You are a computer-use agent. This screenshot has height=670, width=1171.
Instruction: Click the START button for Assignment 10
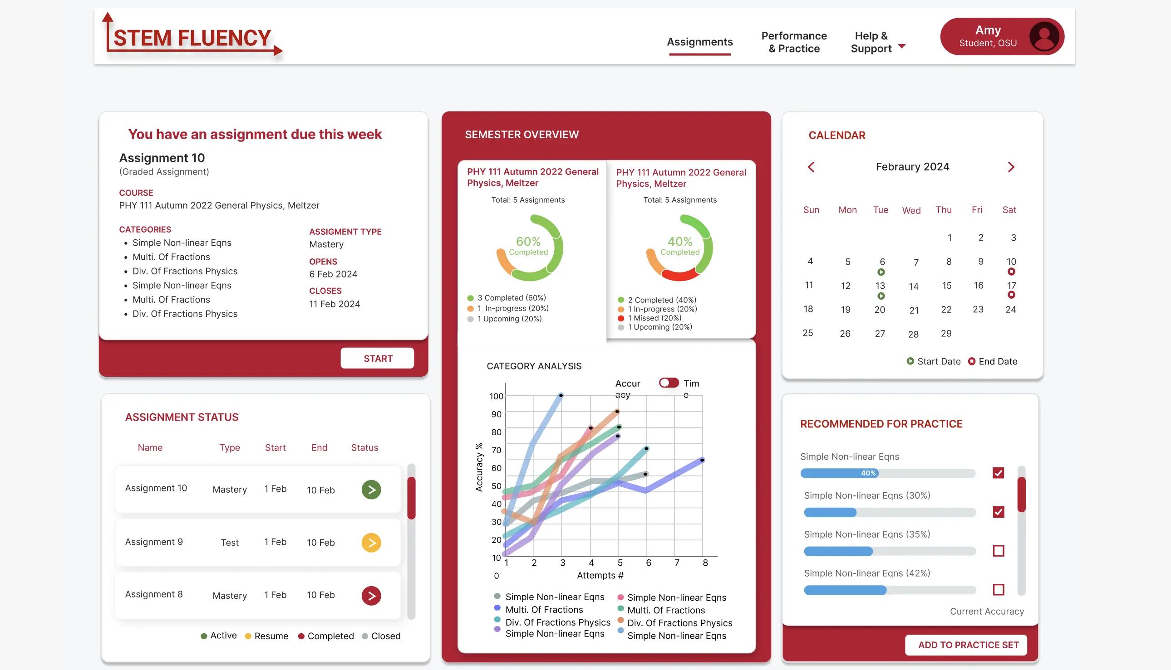tap(377, 358)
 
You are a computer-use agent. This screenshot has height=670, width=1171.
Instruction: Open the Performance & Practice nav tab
tap(793, 42)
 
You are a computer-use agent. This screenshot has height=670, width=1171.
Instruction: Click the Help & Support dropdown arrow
tap(901, 46)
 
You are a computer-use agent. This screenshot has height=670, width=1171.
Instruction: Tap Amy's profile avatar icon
tap(1043, 36)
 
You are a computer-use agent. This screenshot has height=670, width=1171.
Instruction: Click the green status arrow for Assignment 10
tap(371, 489)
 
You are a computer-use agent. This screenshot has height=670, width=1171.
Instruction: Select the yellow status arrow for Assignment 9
tap(371, 543)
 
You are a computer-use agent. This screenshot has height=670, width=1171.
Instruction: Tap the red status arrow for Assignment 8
tap(371, 596)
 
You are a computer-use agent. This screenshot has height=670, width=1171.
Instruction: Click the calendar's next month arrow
tap(1011, 167)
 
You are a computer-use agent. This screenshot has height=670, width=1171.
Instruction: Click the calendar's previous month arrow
tap(811, 167)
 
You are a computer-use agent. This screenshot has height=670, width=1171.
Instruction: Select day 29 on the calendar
tap(946, 333)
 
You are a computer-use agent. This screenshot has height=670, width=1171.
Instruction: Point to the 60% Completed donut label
tap(528, 246)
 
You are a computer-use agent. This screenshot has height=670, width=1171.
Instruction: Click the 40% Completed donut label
tap(679, 246)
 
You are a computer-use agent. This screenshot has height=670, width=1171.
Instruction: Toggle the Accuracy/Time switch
tap(668, 383)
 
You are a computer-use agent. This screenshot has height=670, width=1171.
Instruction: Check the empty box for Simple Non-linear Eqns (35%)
tap(998, 550)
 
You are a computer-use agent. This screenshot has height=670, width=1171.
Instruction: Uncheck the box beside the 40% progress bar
tap(998, 473)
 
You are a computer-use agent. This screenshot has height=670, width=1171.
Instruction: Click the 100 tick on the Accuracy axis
tap(496, 396)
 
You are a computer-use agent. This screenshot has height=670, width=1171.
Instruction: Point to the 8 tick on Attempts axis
tap(705, 563)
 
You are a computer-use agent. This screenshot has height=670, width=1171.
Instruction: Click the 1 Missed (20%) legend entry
tap(654, 318)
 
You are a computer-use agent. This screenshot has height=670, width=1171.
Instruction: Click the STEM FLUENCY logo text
tap(192, 38)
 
